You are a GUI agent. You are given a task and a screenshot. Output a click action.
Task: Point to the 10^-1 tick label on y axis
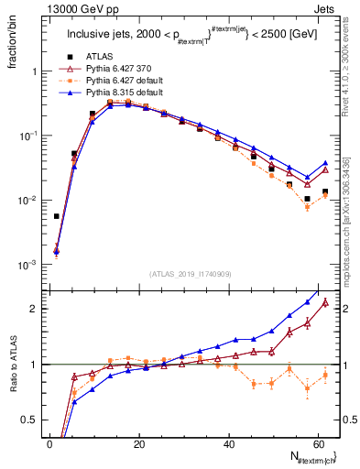pos(30,136)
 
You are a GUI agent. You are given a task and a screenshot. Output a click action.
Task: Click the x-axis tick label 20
pos(139,443)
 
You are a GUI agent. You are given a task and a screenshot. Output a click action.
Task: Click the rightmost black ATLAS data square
pos(325,191)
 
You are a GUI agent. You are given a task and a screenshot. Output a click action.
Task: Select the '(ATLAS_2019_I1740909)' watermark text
pos(191,274)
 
